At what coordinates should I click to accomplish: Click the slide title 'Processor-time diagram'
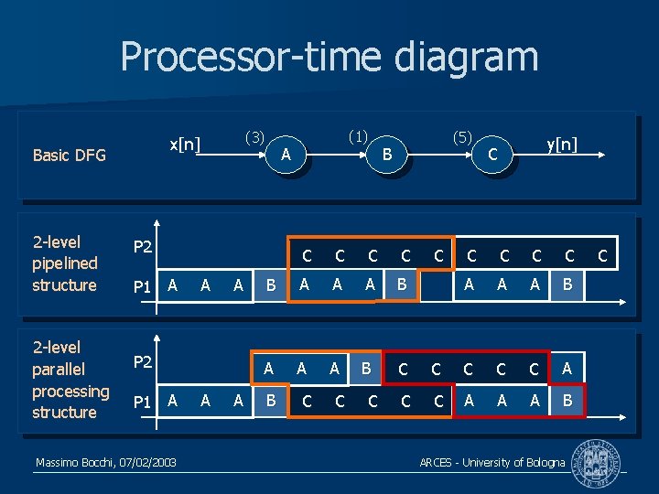click(x=329, y=57)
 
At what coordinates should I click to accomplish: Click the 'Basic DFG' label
click(x=70, y=155)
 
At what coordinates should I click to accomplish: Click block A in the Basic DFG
click(x=286, y=155)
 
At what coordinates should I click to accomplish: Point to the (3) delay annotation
click(x=254, y=137)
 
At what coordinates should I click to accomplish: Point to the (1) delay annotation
click(x=358, y=137)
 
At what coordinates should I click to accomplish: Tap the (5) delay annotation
click(x=462, y=137)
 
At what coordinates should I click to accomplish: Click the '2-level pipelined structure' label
click(x=64, y=263)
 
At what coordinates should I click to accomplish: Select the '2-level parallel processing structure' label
click(x=70, y=380)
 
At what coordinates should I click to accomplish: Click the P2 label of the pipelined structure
click(x=143, y=247)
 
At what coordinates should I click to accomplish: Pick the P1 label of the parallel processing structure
click(x=143, y=402)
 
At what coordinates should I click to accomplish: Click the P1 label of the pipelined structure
click(x=143, y=287)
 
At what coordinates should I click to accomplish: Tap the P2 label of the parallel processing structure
click(x=143, y=363)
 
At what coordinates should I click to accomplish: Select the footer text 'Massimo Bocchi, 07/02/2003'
click(x=106, y=464)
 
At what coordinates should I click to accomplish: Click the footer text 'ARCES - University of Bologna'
click(x=492, y=463)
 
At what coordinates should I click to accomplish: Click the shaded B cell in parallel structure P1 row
click(x=270, y=401)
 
